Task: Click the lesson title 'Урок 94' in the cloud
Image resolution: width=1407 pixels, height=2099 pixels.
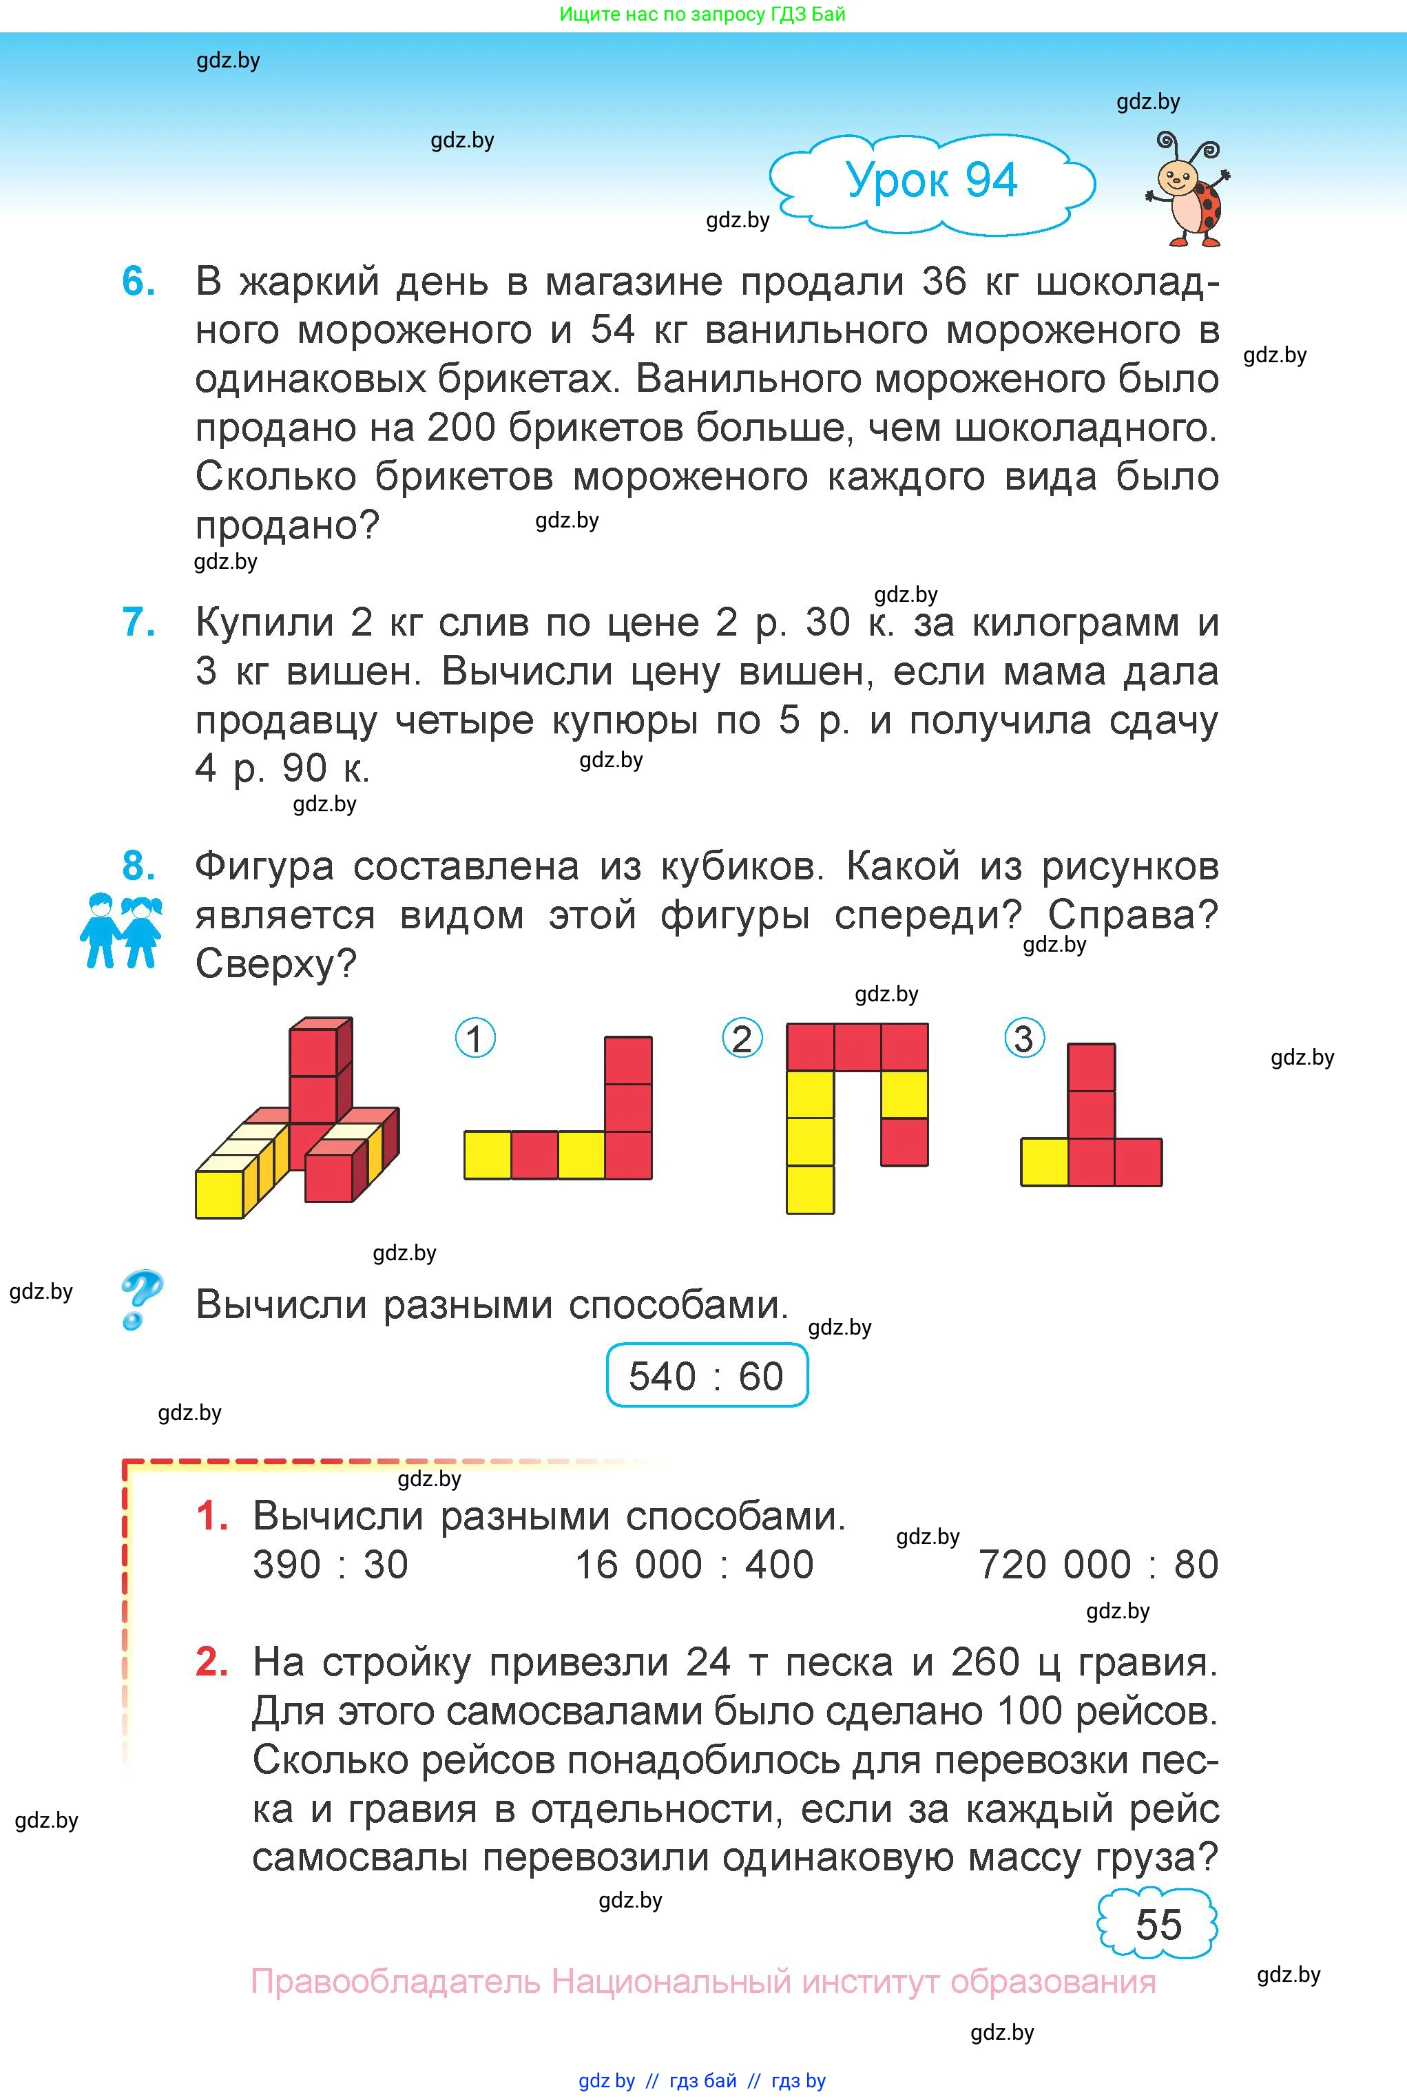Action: click(x=931, y=180)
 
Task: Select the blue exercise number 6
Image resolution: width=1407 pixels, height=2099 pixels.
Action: click(x=138, y=282)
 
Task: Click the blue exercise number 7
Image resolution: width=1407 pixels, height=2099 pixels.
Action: click(x=138, y=622)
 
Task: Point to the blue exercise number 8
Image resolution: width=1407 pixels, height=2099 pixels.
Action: click(x=138, y=866)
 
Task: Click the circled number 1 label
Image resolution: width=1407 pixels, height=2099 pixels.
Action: click(x=476, y=1038)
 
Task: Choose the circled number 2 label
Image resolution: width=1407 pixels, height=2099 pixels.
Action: click(x=742, y=1038)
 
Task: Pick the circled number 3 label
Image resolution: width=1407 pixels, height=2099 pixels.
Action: click(x=1024, y=1038)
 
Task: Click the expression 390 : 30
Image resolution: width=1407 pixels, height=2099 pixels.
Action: click(x=330, y=1565)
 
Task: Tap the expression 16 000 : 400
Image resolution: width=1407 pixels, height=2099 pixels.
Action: click(x=694, y=1565)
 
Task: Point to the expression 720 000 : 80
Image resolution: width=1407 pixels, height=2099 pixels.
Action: click(x=1097, y=1565)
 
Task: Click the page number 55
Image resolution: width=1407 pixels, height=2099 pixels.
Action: click(x=1158, y=1924)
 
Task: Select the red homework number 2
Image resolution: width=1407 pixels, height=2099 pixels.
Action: click(x=211, y=1662)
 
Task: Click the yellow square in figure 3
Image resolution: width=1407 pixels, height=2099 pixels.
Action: click(x=1045, y=1162)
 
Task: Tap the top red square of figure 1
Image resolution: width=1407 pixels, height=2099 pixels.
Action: click(x=628, y=1061)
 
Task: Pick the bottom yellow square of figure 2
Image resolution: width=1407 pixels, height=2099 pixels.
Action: click(x=811, y=1189)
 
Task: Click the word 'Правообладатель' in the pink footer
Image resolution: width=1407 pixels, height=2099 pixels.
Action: click(x=395, y=1981)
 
